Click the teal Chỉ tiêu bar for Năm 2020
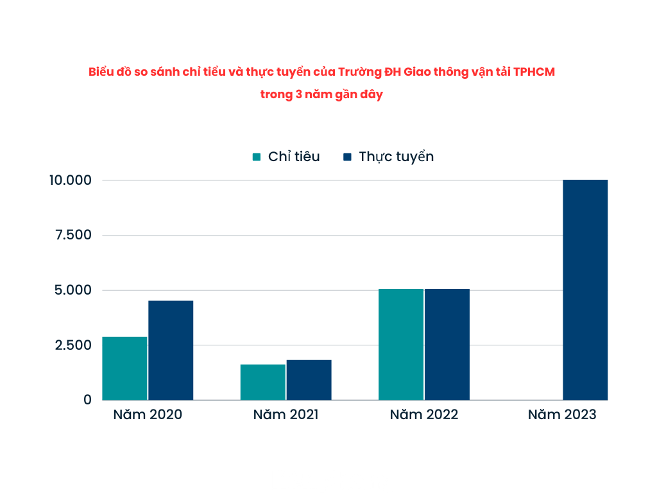[124, 368]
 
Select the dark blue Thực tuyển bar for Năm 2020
[171, 350]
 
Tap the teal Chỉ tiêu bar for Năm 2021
[263, 382]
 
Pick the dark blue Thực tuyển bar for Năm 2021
[309, 380]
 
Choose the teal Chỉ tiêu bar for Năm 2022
[401, 344]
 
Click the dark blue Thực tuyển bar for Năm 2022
[447, 344]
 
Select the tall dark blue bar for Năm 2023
[585, 290]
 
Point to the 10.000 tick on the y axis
[71, 180]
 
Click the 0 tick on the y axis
[88, 400]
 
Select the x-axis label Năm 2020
[148, 415]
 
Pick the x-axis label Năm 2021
[286, 415]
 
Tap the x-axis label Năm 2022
[424, 415]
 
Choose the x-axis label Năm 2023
[562, 415]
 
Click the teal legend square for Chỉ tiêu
[257, 157]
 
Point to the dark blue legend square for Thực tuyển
[347, 157]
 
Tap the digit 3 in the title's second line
[300, 94]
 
